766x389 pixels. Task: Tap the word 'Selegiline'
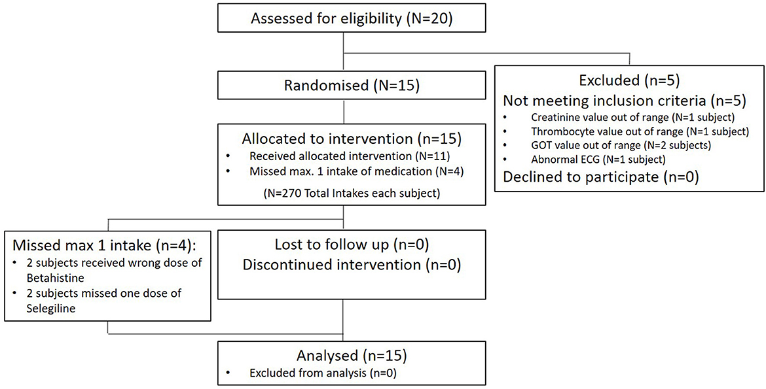(x=44, y=309)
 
